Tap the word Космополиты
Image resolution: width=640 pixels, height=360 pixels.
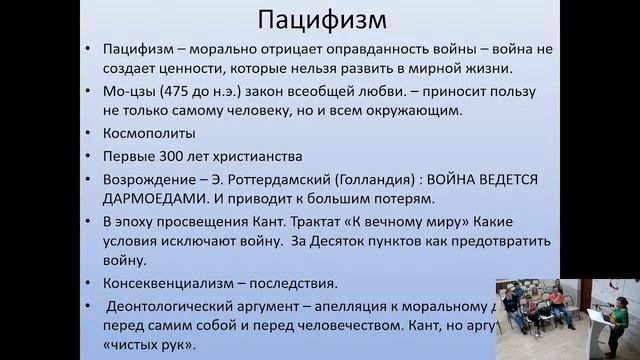point(149,132)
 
